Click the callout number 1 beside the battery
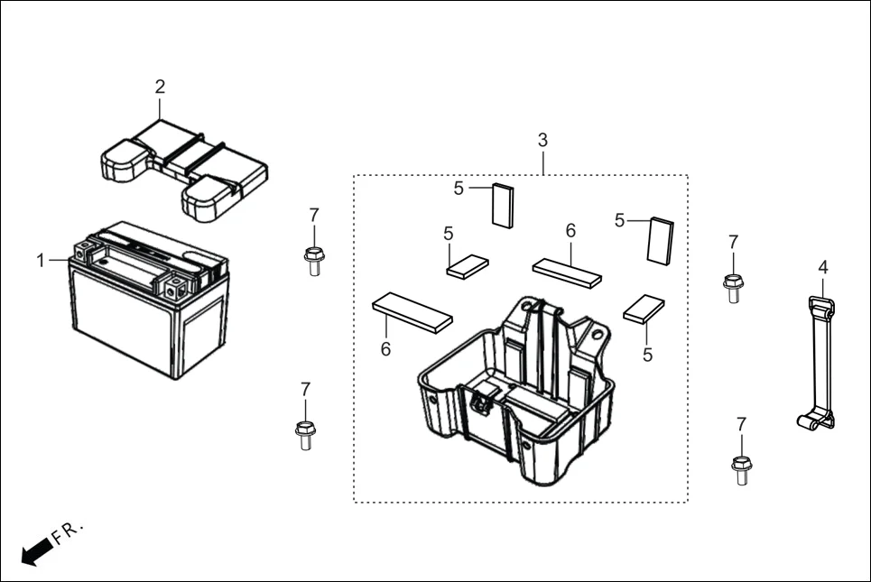tap(40, 260)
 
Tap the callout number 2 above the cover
tap(160, 87)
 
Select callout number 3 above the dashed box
tap(542, 140)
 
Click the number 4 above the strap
tap(822, 266)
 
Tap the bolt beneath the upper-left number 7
tap(313, 259)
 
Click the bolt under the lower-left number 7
tap(304, 433)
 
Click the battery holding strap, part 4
tap(820, 361)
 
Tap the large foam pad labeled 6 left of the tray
tap(412, 311)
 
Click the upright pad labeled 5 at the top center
tap(502, 206)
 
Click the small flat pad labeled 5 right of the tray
tap(644, 309)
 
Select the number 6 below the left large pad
tap(385, 349)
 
